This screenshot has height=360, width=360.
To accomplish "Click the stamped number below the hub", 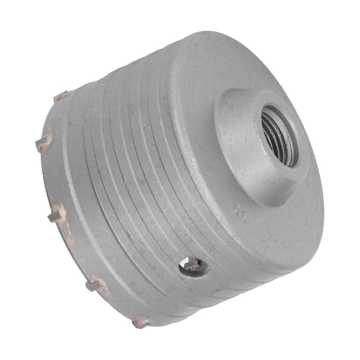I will click(x=240, y=212).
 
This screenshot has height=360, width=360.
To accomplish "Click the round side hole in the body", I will click(x=193, y=266).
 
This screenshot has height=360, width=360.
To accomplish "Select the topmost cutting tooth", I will click(x=61, y=96).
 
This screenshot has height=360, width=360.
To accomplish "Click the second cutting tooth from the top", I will click(x=44, y=141).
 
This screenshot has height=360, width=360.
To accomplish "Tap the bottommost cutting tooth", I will click(x=141, y=322).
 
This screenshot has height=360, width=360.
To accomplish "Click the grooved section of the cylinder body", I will click(x=135, y=171).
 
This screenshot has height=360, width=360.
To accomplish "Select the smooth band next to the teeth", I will click(x=72, y=180).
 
